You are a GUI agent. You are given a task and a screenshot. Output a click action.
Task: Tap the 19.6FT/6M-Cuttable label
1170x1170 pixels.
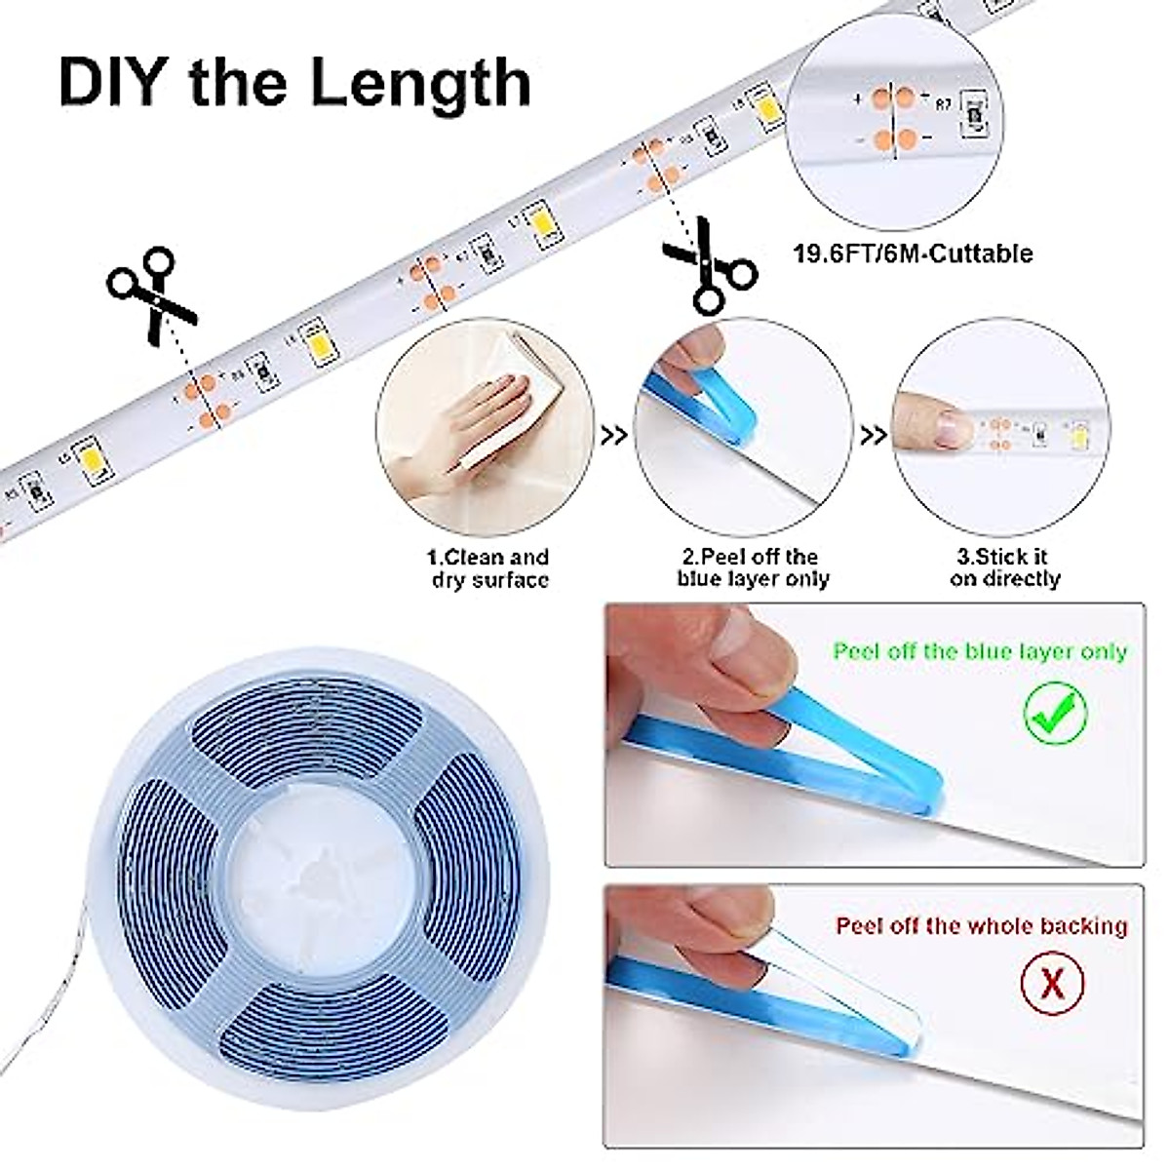(x=912, y=254)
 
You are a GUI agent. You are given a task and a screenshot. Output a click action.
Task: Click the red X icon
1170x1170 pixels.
(x=1053, y=983)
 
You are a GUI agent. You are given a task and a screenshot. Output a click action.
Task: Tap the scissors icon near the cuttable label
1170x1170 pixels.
(x=708, y=266)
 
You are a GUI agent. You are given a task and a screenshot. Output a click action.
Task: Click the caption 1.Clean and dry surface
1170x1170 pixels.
(x=489, y=568)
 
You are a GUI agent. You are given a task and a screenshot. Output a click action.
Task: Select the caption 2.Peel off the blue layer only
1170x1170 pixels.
(x=753, y=567)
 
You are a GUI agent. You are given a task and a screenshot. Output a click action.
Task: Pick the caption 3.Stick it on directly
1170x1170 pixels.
(x=1005, y=567)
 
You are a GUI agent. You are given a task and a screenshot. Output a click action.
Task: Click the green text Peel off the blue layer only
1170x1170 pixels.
(x=979, y=651)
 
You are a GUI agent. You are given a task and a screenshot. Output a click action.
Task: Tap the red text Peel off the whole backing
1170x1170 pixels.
(x=981, y=925)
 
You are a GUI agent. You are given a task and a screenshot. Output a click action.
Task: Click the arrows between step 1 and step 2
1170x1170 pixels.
(x=614, y=435)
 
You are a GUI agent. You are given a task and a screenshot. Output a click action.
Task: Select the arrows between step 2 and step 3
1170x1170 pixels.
(x=874, y=435)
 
